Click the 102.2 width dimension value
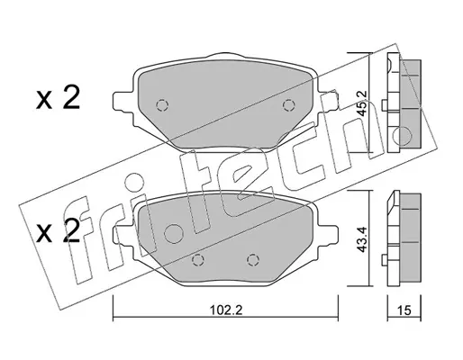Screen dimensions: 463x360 coord(226,310)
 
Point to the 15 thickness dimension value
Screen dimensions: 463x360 coord(404,310)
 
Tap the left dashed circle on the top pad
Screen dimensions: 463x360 coord(162,105)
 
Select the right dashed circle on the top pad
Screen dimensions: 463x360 coord(289,105)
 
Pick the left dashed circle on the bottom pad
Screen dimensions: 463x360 coord(198,259)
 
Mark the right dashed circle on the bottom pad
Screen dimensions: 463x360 coord(253,259)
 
